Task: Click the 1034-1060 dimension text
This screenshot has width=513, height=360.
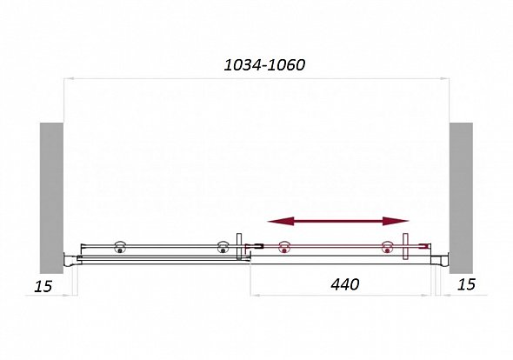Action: coord(264,65)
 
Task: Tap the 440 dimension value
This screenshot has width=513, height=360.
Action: coord(345,284)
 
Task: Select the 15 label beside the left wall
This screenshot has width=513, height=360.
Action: coord(43,286)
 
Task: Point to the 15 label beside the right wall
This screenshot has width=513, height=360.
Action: coord(466,284)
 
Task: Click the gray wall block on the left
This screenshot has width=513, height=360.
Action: coord(51,198)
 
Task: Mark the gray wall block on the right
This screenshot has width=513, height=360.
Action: coord(461,198)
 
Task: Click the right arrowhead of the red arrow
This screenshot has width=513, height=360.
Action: coord(396,221)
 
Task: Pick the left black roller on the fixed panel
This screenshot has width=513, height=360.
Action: coord(120,247)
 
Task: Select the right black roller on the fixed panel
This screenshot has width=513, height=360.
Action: coord(223,247)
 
